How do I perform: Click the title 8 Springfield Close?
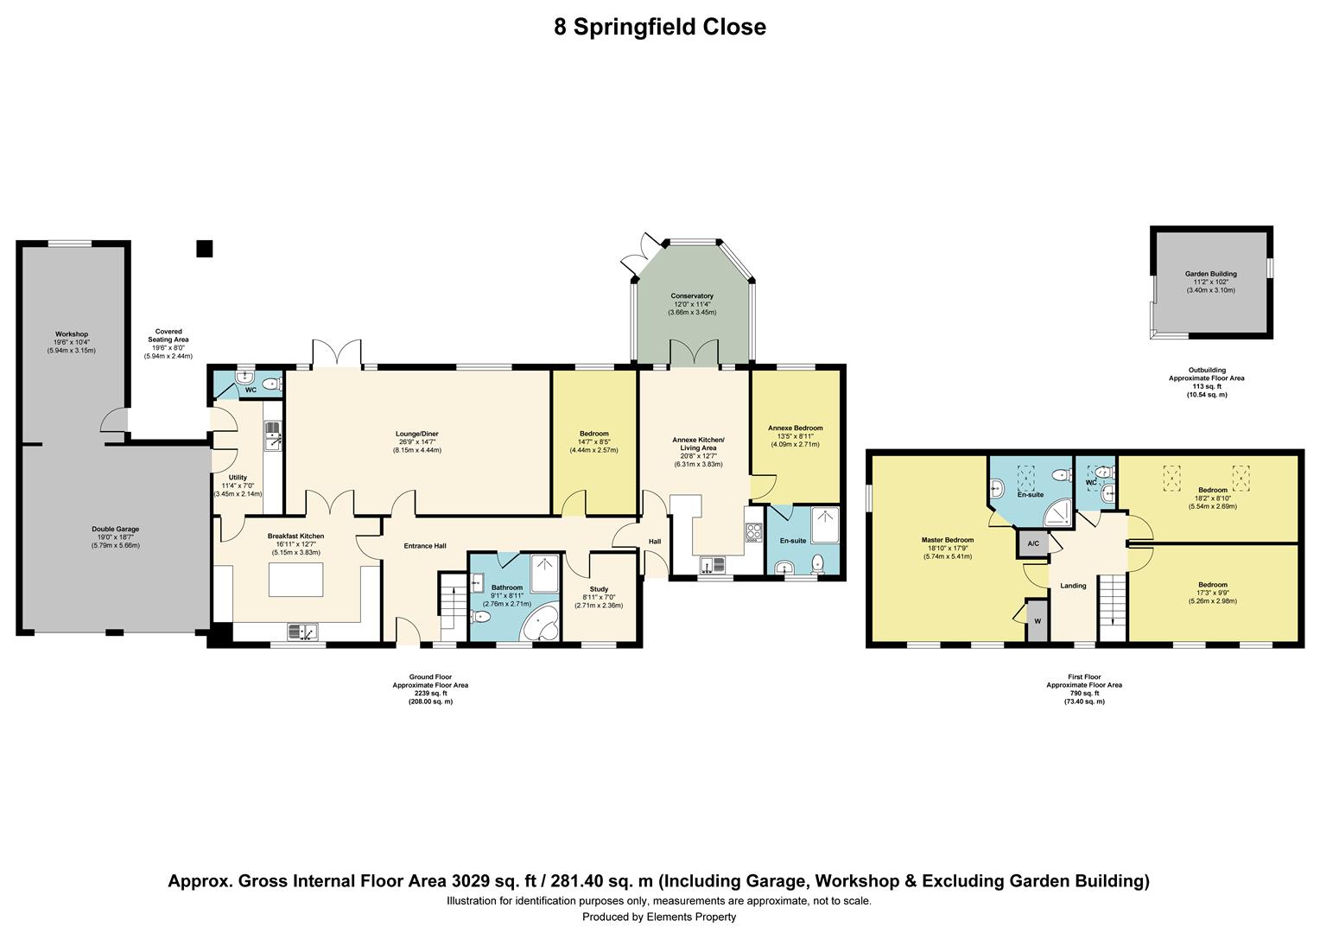(x=659, y=27)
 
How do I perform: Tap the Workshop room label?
(x=72, y=334)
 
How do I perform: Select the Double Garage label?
(x=115, y=530)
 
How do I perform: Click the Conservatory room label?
(x=692, y=296)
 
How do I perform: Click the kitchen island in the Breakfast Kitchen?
(x=295, y=579)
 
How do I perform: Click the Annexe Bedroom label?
(x=795, y=428)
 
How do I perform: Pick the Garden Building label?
(x=1210, y=274)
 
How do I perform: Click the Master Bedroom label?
(x=947, y=540)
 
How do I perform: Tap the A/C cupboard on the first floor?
(x=1033, y=544)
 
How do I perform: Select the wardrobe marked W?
(x=1037, y=620)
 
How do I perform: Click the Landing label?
(x=1073, y=586)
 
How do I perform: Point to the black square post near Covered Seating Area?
(x=204, y=249)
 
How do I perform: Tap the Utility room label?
(x=238, y=478)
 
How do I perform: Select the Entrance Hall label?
(x=425, y=546)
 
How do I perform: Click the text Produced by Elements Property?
(x=659, y=917)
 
